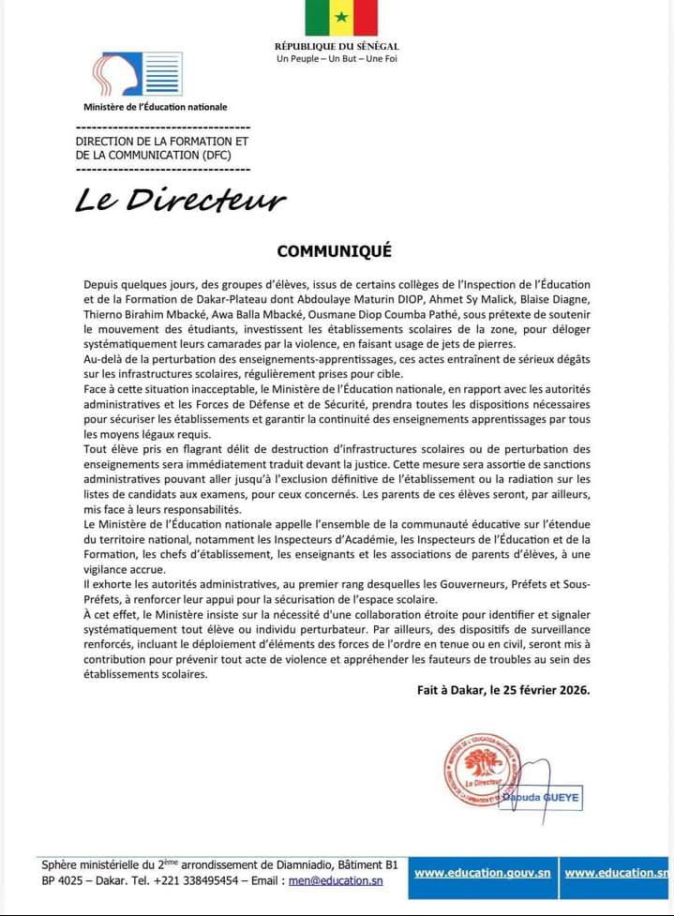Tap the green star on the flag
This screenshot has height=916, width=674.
(341, 19)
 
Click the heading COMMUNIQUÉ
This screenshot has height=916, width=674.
(334, 251)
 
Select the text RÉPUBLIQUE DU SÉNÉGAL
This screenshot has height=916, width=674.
(337, 47)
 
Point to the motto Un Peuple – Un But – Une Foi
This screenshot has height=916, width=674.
(337, 59)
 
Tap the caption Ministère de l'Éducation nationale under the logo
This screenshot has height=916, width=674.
(156, 107)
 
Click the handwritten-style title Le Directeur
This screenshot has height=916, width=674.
(180, 201)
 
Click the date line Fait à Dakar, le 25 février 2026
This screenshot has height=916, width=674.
(503, 690)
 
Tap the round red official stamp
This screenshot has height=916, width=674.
(482, 770)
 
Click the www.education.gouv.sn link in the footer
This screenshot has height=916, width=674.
(482, 873)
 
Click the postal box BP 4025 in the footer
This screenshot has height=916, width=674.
(62, 880)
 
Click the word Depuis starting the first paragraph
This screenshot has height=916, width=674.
(102, 283)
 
